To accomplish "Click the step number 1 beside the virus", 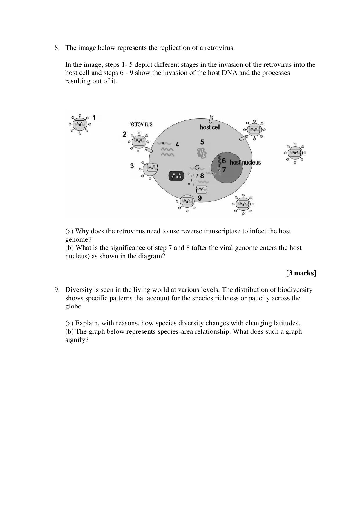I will [94, 118].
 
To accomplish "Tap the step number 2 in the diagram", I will [124, 134].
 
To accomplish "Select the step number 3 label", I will [132, 166].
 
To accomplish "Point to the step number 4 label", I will [177, 145].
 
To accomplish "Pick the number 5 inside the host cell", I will [202, 142].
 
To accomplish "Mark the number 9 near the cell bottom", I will [200, 198].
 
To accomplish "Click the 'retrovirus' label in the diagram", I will [141, 124].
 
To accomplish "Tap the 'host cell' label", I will [210, 127].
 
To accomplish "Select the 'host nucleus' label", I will [245, 163].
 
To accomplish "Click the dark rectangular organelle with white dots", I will [176, 176].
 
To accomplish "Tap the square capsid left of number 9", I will [202, 189].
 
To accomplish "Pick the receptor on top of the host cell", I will [211, 119].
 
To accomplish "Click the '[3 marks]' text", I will [301, 273].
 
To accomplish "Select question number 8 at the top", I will [57, 48].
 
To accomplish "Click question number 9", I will [57, 290].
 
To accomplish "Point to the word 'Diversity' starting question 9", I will [77, 290].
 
